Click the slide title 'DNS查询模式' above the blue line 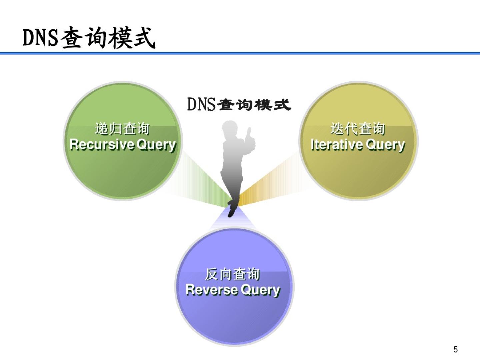89,38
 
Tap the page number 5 455,349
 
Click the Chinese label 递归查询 122,129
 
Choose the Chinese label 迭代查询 358,129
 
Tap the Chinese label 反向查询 232,274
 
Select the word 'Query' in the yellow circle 385,145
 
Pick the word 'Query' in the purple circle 260,290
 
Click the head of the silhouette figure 230,128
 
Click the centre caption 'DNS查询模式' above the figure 239,104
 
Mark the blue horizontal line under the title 240,53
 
